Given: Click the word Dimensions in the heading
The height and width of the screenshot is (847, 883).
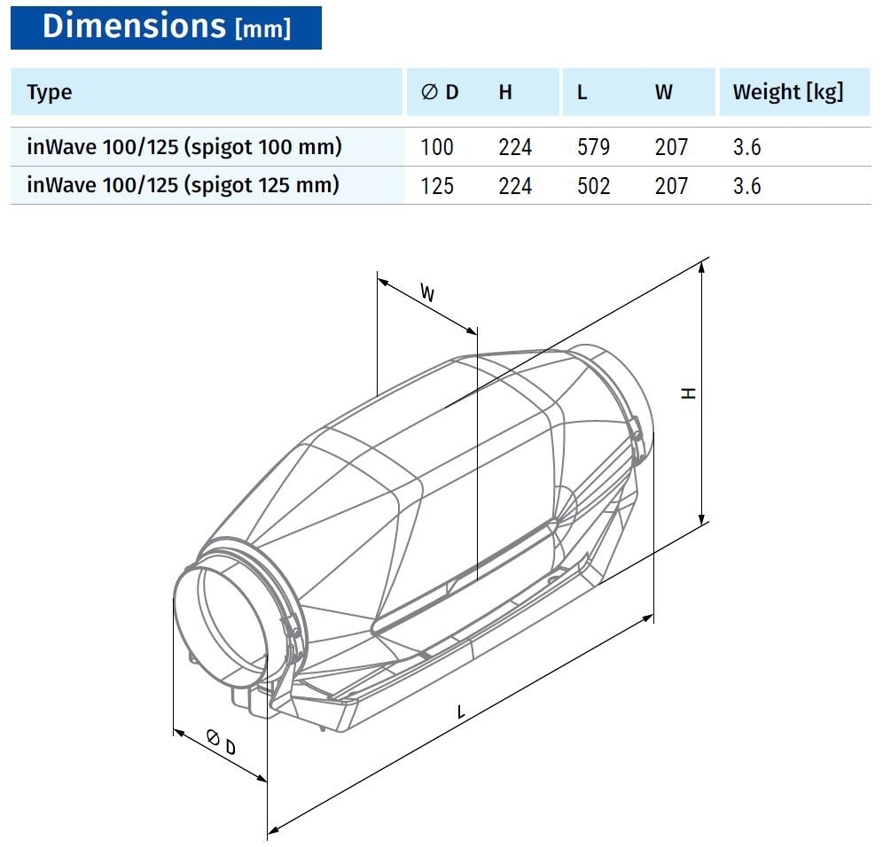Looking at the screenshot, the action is click(134, 26).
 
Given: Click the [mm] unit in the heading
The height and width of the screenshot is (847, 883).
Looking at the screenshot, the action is click(263, 28).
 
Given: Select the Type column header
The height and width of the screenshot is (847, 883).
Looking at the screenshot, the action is click(50, 93).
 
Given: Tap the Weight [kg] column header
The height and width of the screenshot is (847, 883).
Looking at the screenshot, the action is click(788, 92).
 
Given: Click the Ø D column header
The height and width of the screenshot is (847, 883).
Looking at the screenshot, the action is click(440, 92).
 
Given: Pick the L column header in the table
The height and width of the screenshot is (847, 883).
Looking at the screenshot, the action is click(582, 92).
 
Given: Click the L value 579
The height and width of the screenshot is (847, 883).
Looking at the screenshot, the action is click(594, 147).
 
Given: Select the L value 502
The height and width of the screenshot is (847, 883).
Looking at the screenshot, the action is click(594, 186).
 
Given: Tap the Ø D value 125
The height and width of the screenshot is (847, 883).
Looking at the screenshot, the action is click(437, 186).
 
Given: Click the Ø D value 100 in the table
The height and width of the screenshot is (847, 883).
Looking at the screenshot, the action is click(437, 147).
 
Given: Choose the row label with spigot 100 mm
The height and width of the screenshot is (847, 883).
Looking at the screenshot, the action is click(184, 147).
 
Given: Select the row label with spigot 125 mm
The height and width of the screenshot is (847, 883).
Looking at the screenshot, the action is click(183, 185).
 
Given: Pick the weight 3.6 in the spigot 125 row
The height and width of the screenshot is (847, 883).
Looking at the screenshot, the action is click(746, 186).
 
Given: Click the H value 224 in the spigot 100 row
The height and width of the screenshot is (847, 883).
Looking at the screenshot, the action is click(515, 147).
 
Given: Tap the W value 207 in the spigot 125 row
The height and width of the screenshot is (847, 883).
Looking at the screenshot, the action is click(671, 186).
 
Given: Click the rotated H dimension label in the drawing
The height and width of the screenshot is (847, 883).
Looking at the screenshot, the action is click(688, 392).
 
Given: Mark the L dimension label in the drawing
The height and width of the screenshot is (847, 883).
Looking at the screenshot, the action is click(461, 712).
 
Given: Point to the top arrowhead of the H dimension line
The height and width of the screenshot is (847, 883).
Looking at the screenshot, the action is click(701, 267).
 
